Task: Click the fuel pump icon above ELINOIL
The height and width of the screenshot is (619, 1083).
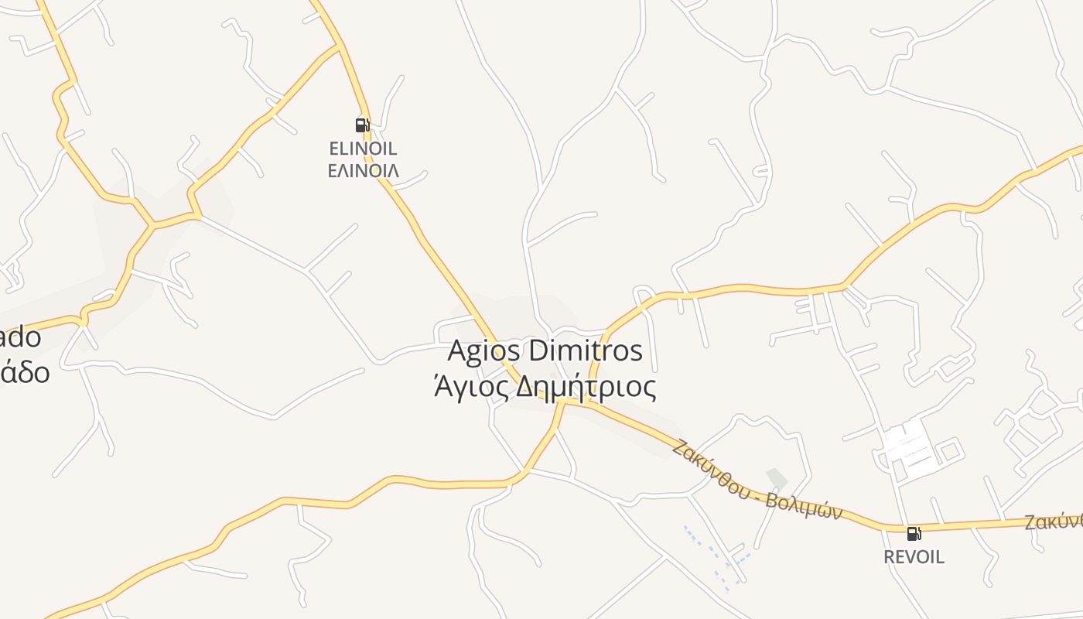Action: tap(361, 125)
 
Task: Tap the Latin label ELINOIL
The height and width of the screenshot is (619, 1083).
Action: tap(363, 149)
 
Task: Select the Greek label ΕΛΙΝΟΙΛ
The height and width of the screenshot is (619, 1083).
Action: tap(363, 171)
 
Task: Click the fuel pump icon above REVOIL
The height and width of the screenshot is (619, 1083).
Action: tap(914, 533)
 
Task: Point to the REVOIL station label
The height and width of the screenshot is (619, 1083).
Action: tap(914, 557)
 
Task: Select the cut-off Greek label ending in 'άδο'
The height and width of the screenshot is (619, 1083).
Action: tap(25, 373)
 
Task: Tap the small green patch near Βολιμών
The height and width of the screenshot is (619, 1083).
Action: tap(776, 478)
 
